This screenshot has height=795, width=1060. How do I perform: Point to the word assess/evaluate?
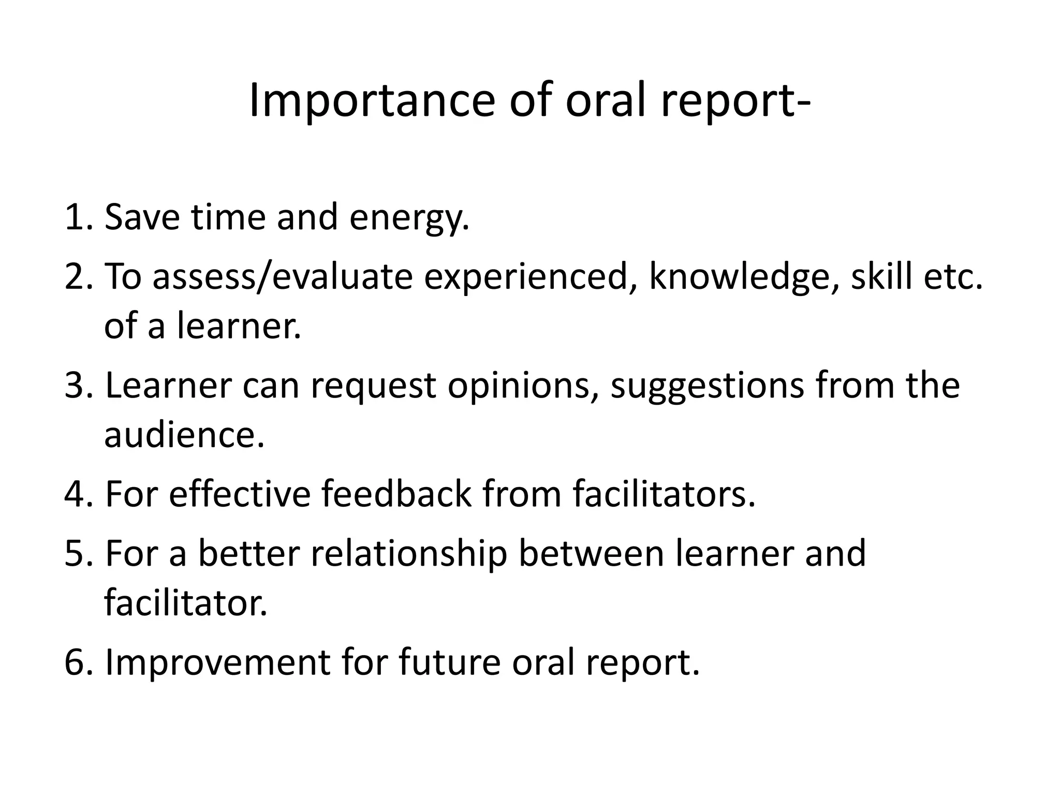[283, 277]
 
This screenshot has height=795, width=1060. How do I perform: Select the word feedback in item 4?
[396, 494]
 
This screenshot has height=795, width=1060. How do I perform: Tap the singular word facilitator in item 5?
[185, 603]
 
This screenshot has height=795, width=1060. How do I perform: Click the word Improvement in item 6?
[217, 663]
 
